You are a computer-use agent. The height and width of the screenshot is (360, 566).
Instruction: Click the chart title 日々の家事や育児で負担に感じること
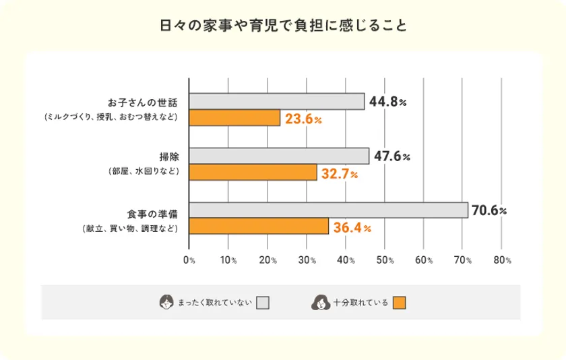pos(283,26)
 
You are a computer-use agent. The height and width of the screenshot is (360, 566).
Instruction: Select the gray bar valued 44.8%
pos(277,101)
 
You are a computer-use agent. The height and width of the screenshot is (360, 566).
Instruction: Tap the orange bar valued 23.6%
pos(234,118)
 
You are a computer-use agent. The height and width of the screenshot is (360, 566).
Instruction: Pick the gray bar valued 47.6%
pos(279,156)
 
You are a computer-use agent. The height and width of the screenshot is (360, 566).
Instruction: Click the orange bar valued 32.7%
pos(253,173)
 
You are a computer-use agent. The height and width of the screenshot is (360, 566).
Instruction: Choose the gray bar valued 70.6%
pos(328,210)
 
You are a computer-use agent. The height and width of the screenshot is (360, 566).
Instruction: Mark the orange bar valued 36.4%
pos(259,227)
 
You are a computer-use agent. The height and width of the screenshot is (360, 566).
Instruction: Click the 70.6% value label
pos(489,210)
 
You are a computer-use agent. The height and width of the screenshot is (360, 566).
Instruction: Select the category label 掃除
pos(168,157)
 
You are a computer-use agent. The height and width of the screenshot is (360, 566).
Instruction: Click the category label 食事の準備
pos(152,213)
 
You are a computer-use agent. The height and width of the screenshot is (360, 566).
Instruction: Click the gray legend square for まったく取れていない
pos(263,303)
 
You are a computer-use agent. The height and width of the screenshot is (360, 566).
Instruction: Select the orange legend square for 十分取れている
pos(400,303)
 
